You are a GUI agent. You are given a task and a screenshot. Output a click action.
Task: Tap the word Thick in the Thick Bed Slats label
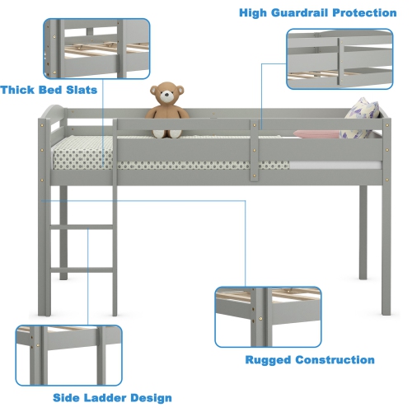coord(21,89)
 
